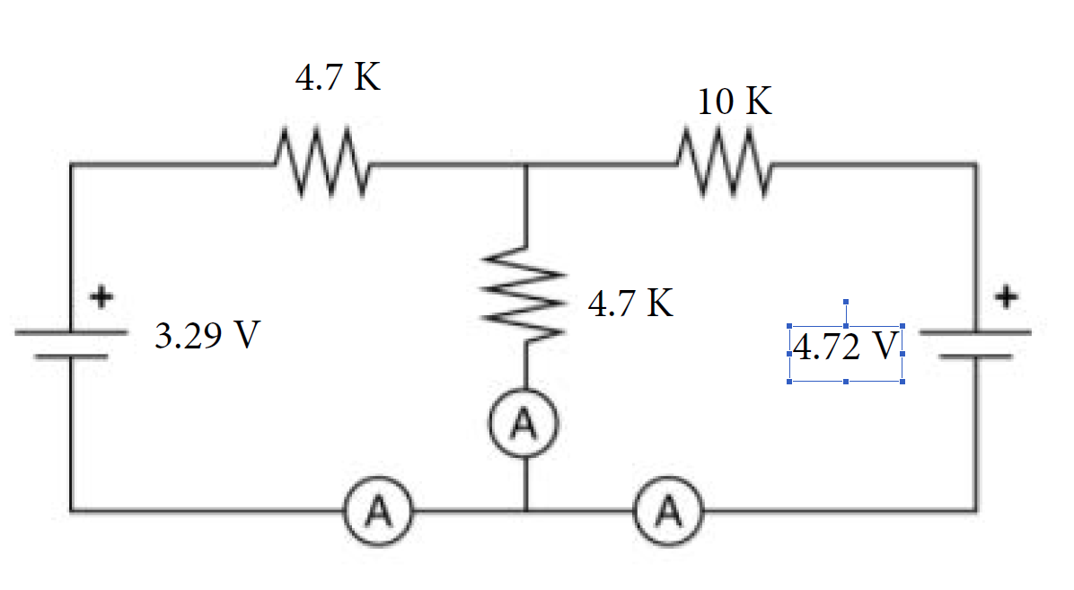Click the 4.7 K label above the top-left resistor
(337, 79)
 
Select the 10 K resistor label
(734, 102)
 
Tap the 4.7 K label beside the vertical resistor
(630, 304)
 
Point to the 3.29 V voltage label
(207, 337)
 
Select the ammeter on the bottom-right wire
(669, 511)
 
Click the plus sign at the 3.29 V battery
(104, 295)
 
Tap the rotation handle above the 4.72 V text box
(846, 303)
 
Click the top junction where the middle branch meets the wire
(525, 164)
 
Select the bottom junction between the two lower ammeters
(525, 511)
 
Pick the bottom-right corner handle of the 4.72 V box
(902, 382)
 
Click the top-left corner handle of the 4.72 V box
(789, 327)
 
